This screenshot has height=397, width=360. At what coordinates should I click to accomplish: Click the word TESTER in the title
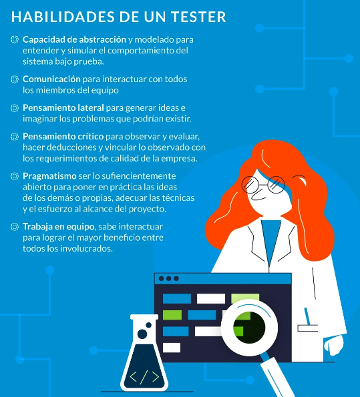198,17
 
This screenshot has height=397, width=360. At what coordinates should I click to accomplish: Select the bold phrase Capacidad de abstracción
74,39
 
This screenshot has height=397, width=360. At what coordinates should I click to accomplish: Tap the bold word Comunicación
51,79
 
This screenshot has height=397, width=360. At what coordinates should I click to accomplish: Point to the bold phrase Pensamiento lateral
63,107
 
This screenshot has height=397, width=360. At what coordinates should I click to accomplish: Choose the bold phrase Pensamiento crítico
63,137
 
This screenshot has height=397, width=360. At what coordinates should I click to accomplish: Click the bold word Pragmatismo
49,176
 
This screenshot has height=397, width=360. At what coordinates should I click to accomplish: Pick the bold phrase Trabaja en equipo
59,227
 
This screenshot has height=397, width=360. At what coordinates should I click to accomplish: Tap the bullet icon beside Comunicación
15,79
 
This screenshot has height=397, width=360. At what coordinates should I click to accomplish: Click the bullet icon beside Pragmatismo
15,176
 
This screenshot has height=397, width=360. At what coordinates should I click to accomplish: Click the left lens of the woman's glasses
250,185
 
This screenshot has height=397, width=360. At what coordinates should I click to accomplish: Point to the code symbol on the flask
144,377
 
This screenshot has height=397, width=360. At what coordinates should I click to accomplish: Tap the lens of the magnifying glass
250,328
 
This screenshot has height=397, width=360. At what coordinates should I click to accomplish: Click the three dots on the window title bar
168,278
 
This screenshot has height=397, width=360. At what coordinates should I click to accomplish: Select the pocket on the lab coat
307,328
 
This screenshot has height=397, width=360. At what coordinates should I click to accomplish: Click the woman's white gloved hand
334,345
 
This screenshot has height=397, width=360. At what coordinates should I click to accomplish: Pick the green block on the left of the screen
172,315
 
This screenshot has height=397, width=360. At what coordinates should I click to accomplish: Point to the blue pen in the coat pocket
307,316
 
